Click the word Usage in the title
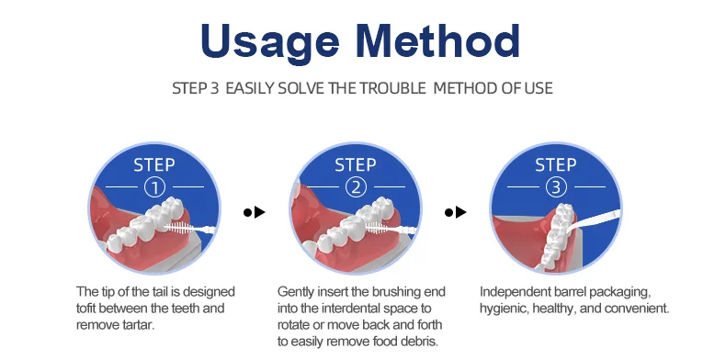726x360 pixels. click(x=270, y=41)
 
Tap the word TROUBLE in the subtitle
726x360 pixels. click(x=392, y=88)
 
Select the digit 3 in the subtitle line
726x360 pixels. click(x=213, y=88)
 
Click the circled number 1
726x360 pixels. click(x=154, y=187)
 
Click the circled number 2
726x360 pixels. click(x=356, y=187)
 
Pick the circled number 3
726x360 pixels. click(x=556, y=187)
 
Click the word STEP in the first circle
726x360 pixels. click(x=154, y=164)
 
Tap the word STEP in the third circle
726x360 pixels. click(x=556, y=164)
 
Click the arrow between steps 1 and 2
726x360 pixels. click(x=255, y=212)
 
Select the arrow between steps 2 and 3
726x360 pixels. click(x=455, y=212)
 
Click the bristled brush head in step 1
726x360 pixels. click(x=179, y=227)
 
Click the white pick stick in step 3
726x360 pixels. click(x=594, y=221)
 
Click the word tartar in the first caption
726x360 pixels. click(x=138, y=325)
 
